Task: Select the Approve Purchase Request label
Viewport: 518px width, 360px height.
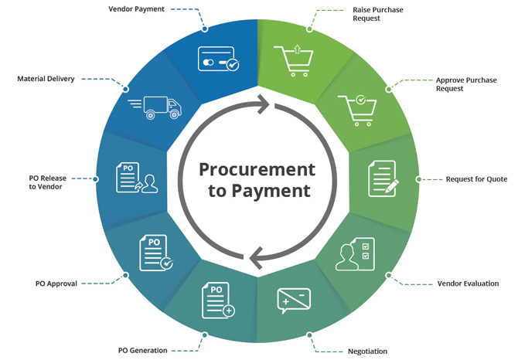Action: pyautogui.click(x=466, y=84)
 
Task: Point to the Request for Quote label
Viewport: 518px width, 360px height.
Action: pyautogui.click(x=476, y=179)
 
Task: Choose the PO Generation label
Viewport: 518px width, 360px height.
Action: pyautogui.click(x=142, y=351)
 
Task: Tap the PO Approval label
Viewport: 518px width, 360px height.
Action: pyautogui.click(x=56, y=284)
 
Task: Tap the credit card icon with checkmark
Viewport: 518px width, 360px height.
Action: pyautogui.click(x=218, y=61)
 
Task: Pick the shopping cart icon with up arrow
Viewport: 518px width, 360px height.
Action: pyautogui.click(x=295, y=59)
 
